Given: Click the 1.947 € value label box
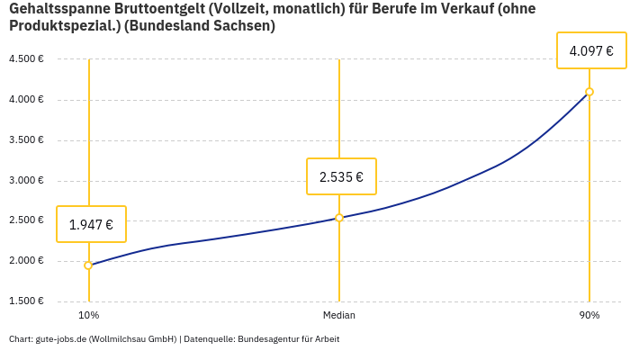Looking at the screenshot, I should coord(91,224).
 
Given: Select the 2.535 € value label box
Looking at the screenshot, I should coord(341,176).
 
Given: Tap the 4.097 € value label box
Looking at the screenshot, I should coord(591,50).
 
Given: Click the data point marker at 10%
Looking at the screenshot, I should coord(88,265).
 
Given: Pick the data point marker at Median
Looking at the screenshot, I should coord(339,218).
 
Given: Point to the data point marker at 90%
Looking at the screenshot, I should coord(589,92).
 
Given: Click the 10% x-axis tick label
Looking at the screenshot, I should coord(88,316).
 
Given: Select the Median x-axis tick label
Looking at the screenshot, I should coord(339,316).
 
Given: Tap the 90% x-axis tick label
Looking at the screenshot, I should coord(589,316).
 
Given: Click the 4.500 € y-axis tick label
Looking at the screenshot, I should coord(26,59).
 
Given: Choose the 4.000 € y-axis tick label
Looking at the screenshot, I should coord(26,100).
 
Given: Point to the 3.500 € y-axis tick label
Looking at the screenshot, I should coord(26,140).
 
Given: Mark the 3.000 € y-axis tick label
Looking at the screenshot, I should coord(26,181).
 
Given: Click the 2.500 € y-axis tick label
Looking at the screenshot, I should coord(26,220).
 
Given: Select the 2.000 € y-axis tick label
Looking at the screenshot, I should coord(26,261).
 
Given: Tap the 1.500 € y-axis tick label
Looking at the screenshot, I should coord(26,301).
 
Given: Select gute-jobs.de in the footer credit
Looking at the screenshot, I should coord(60,339).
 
